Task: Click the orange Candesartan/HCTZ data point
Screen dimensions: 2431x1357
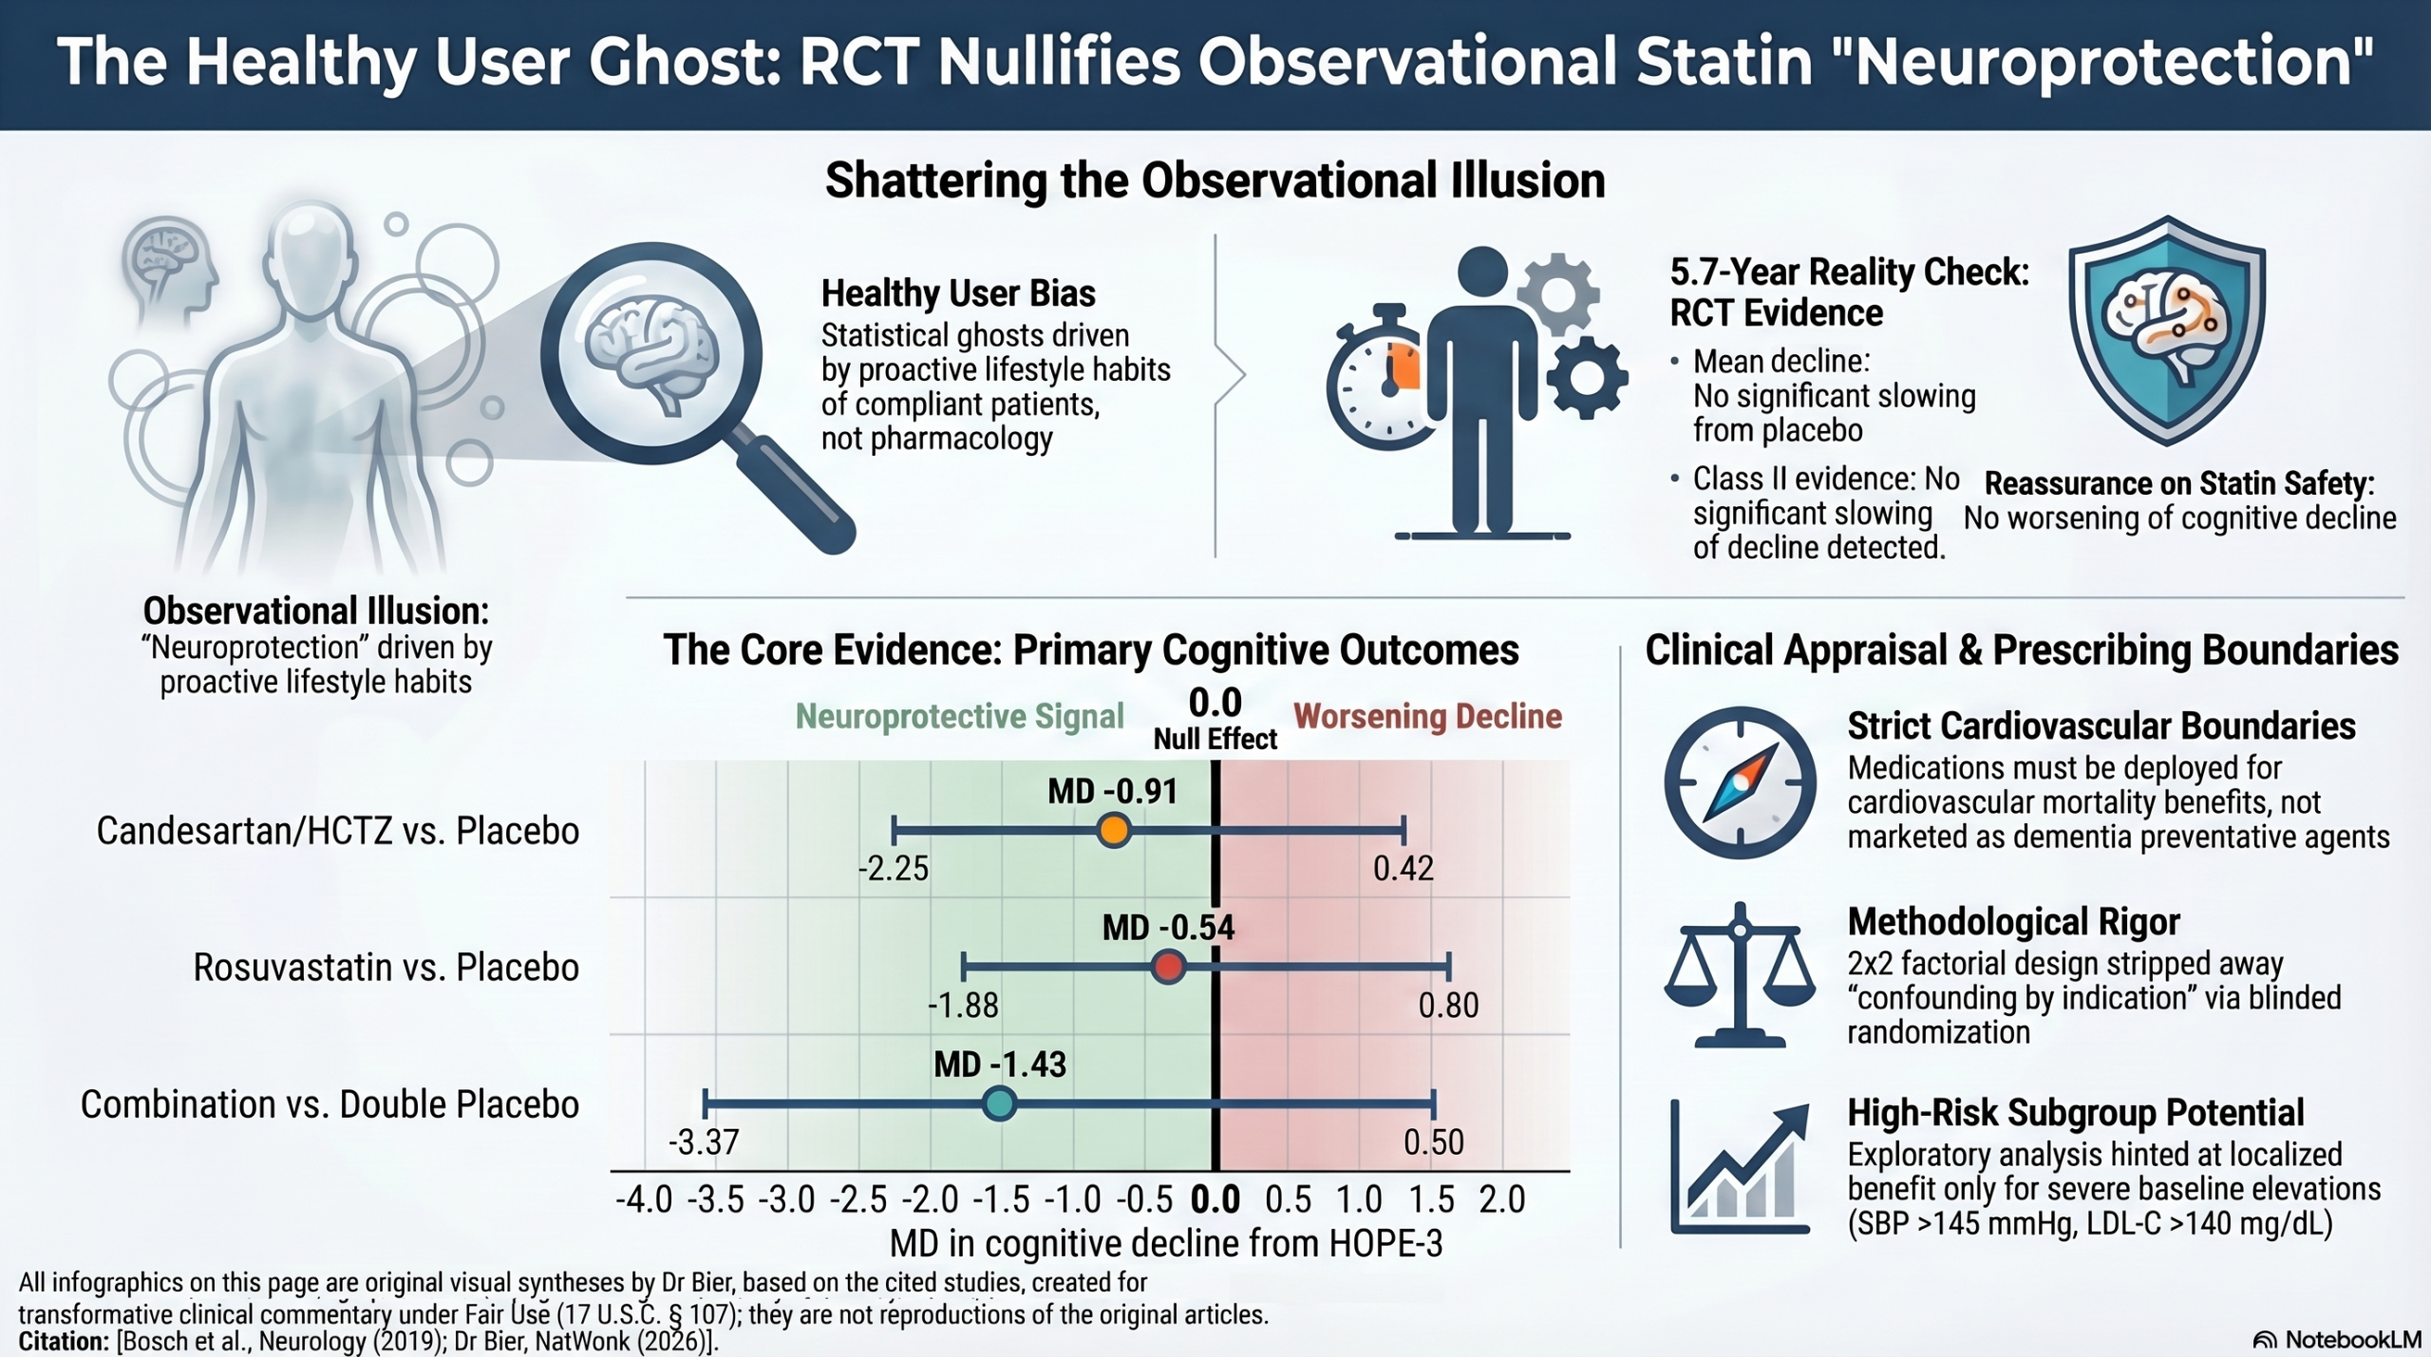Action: click(1113, 831)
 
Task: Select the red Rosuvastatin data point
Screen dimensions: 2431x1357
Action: click(1168, 968)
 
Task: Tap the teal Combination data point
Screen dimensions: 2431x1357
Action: click(999, 1104)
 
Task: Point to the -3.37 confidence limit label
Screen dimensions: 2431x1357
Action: click(704, 1142)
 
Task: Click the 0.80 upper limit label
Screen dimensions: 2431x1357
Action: click(1449, 1006)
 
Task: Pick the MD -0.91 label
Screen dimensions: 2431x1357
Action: click(1112, 791)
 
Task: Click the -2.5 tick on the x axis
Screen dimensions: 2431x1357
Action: click(858, 1200)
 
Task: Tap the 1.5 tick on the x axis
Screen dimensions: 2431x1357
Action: click(1431, 1200)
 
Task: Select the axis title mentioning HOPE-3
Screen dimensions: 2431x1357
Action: click(1166, 1243)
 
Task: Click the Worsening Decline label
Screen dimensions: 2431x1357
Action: click(1427, 716)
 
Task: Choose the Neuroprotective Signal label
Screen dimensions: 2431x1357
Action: click(959, 716)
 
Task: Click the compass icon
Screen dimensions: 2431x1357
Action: click(1740, 782)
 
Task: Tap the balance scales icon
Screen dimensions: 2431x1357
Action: click(1740, 974)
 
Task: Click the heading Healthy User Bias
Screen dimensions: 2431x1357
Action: click(958, 293)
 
